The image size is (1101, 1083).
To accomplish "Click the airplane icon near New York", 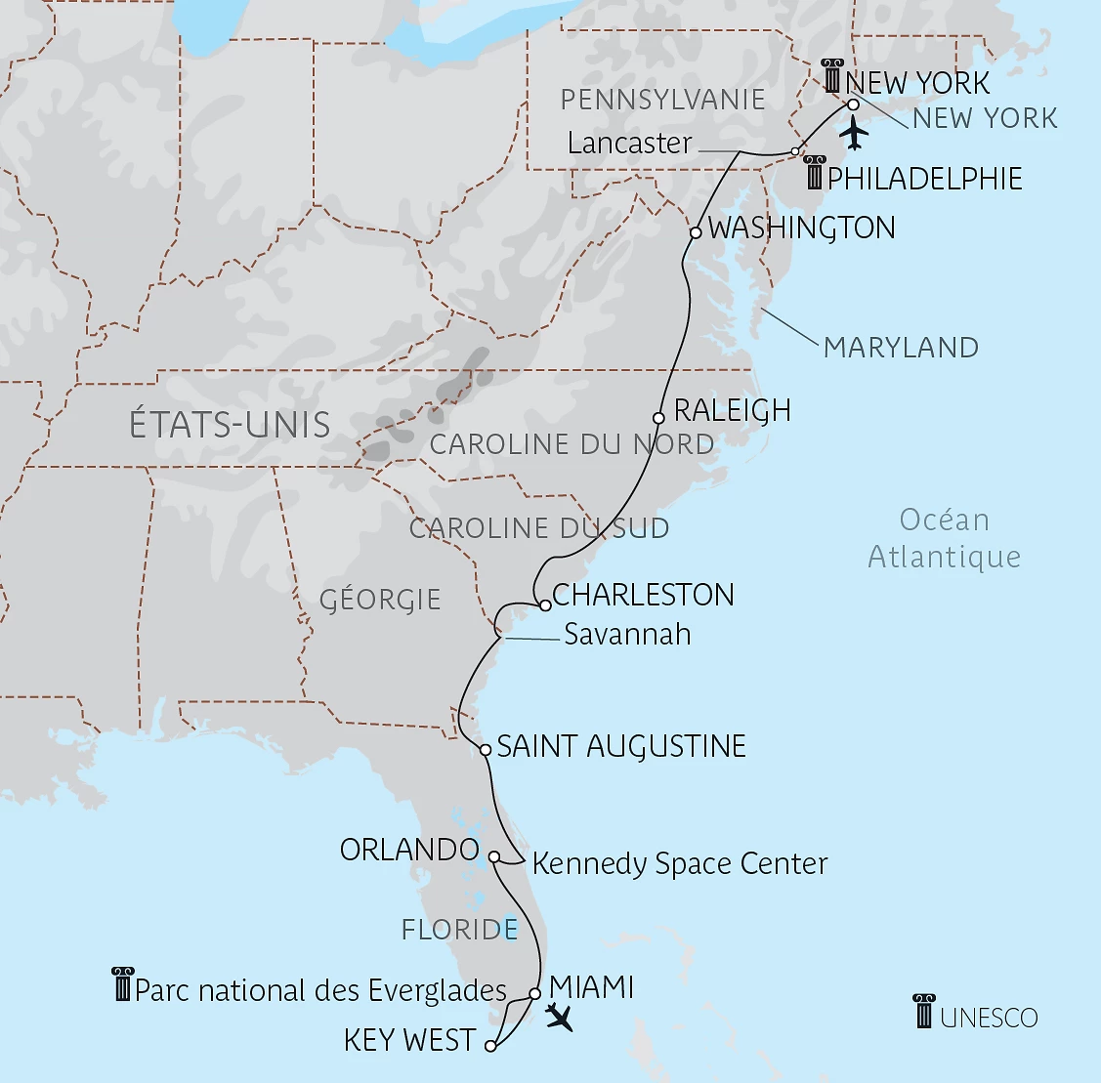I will pos(854,133).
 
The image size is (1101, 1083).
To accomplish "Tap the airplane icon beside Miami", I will pos(560,1017).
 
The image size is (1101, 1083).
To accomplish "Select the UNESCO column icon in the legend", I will pos(924,1012).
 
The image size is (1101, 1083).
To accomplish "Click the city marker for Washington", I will pos(696,233).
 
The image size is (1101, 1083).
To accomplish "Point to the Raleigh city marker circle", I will pos(659,418).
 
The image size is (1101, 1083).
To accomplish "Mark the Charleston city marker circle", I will pos(546,605).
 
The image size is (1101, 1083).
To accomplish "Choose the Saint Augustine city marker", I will pos(486,750).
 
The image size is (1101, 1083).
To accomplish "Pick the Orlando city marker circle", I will pos(494,857).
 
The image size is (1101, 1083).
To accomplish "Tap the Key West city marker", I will pos(490,1046).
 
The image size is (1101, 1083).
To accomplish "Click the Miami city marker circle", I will pos(534,994).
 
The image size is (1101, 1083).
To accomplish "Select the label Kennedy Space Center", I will pos(680,864).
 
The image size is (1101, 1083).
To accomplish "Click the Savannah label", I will pos(627,635).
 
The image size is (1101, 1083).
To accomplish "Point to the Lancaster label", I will pos(629,144).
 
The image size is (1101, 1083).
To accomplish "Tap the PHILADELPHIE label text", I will pos(924,179).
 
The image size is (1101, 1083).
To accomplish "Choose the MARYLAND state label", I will pos(901,348).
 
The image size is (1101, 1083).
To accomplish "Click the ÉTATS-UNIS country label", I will pos(230,425).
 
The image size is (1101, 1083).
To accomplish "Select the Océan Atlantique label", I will pos(944,538).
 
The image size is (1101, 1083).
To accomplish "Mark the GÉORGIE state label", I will pos(380,599).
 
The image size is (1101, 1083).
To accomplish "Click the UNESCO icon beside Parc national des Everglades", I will pos(122,984).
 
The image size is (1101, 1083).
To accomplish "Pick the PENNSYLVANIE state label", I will pos(662,100).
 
